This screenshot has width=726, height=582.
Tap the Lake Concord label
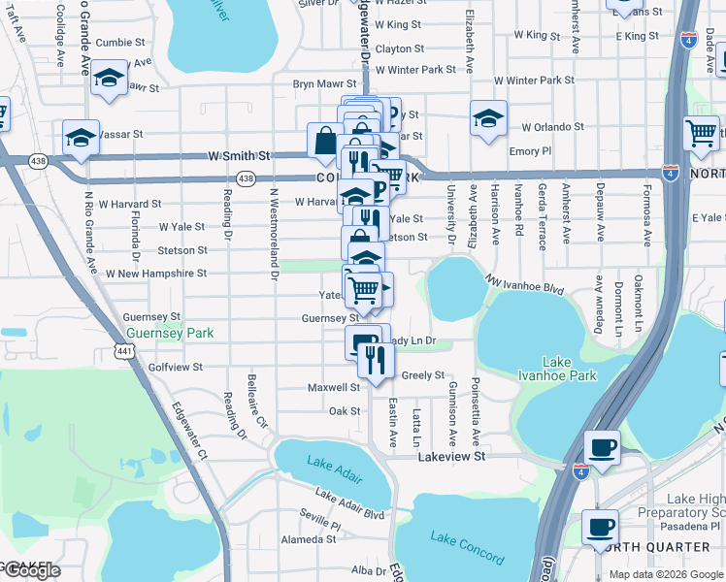(x=468, y=549)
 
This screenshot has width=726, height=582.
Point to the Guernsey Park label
(x=169, y=333)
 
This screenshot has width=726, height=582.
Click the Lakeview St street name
(x=450, y=456)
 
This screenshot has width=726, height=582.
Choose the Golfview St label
(x=176, y=368)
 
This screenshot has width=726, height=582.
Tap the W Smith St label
(x=238, y=155)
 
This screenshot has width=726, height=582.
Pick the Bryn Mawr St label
(x=325, y=84)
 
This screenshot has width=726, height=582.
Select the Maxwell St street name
(x=334, y=387)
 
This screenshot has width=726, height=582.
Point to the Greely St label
(x=422, y=375)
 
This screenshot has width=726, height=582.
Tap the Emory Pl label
(x=530, y=151)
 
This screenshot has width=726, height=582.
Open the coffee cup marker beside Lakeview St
(x=603, y=448)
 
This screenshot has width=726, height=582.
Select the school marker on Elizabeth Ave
(x=487, y=118)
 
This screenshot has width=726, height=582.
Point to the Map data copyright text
(x=667, y=574)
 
